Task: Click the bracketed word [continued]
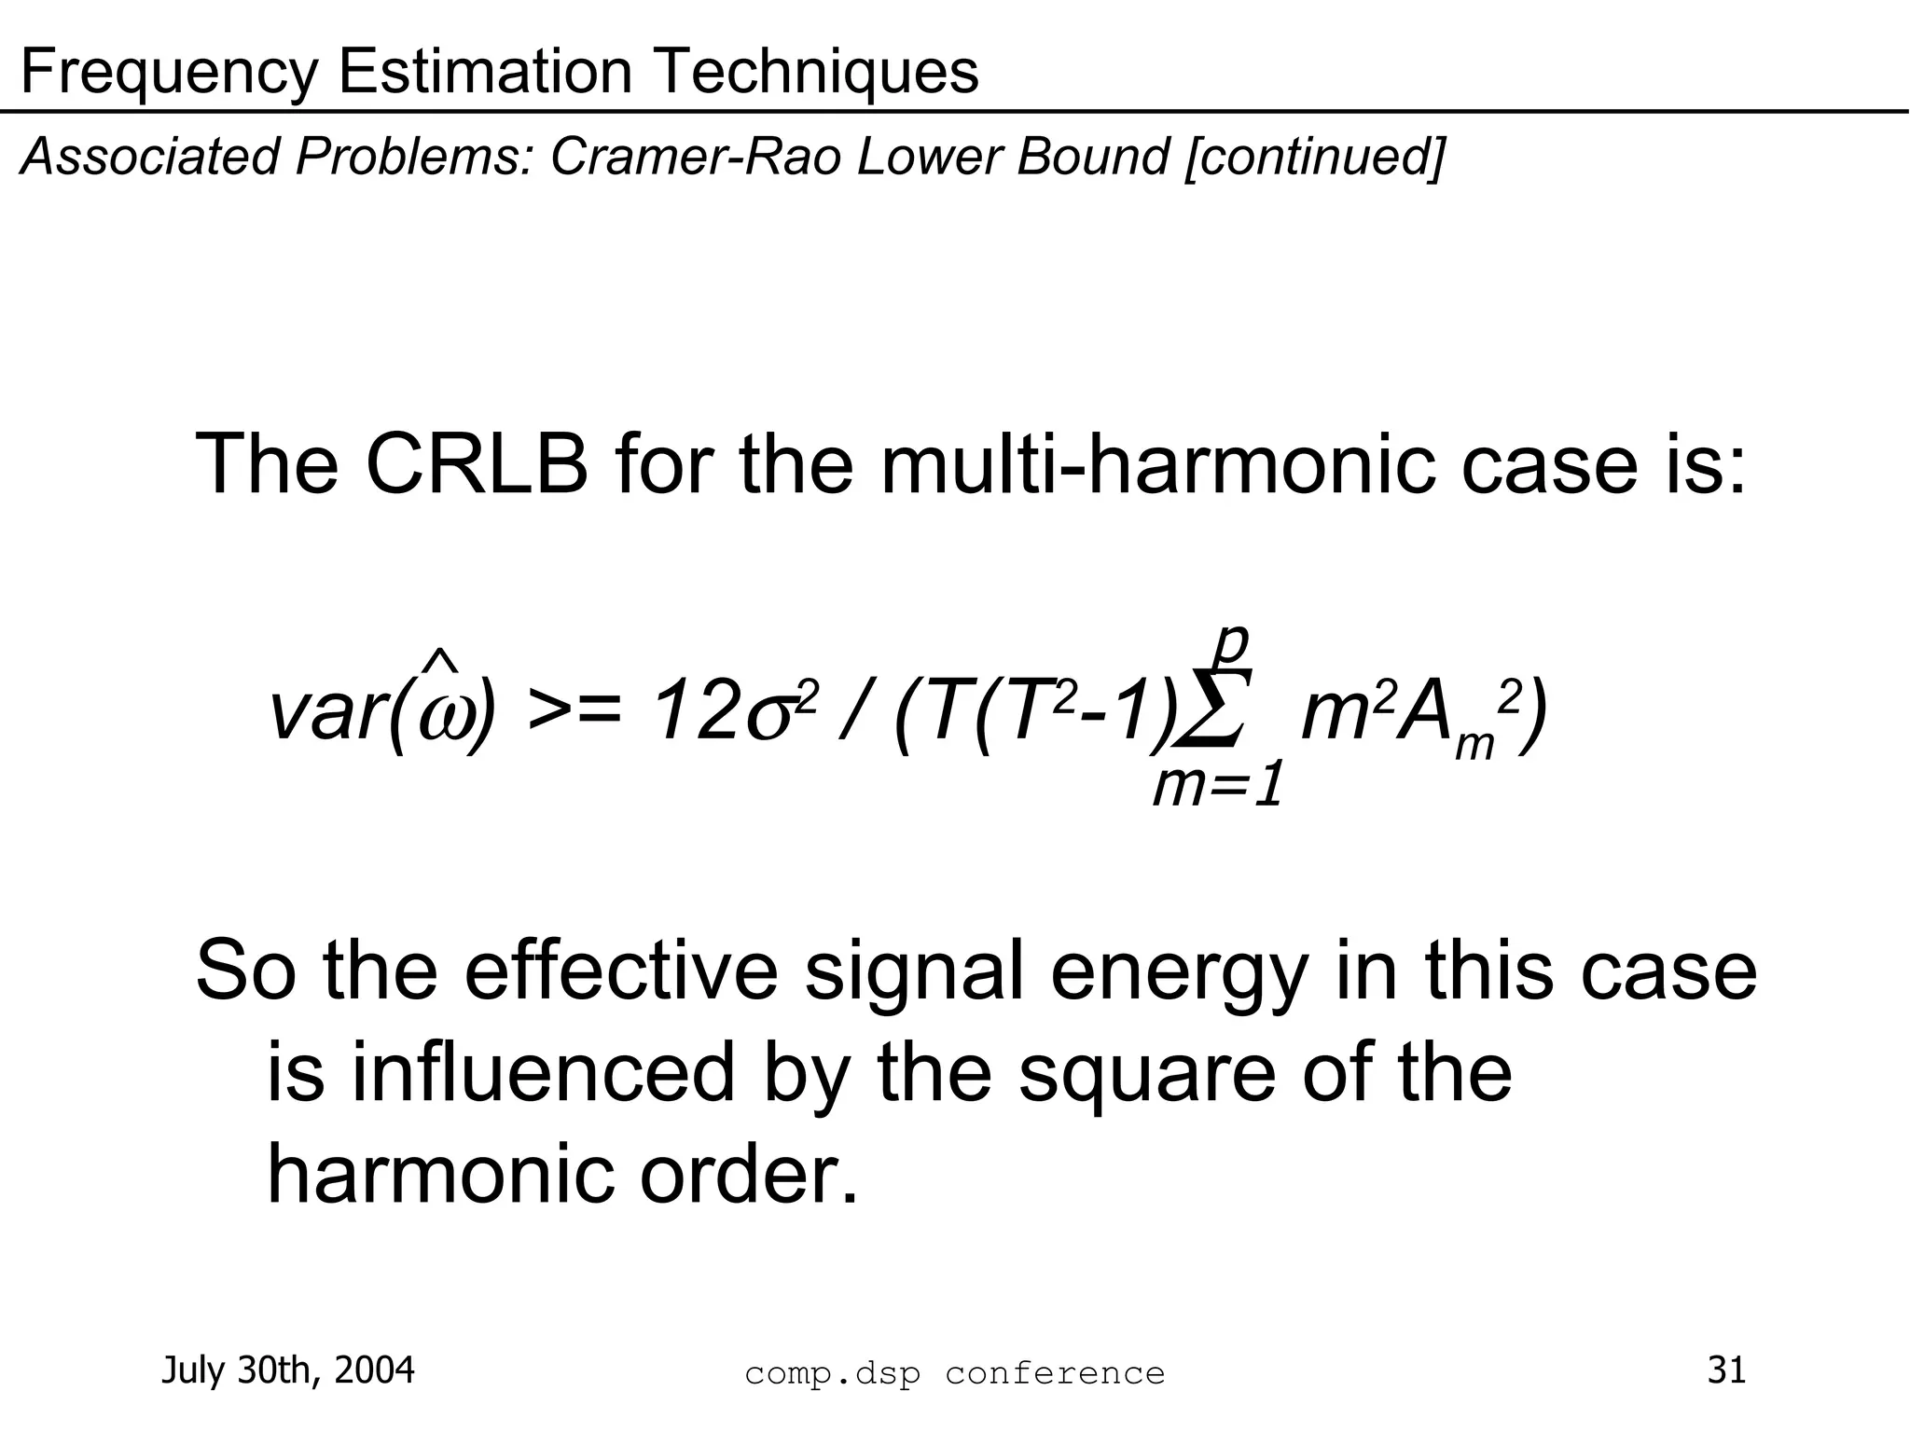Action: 1315,157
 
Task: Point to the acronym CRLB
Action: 477,465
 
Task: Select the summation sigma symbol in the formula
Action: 1210,709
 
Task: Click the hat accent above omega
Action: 439,661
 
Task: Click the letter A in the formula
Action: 1426,714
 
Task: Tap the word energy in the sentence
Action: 1178,971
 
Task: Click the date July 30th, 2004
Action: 288,1370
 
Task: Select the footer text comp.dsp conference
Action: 955,1373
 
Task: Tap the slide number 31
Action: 1726,1370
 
